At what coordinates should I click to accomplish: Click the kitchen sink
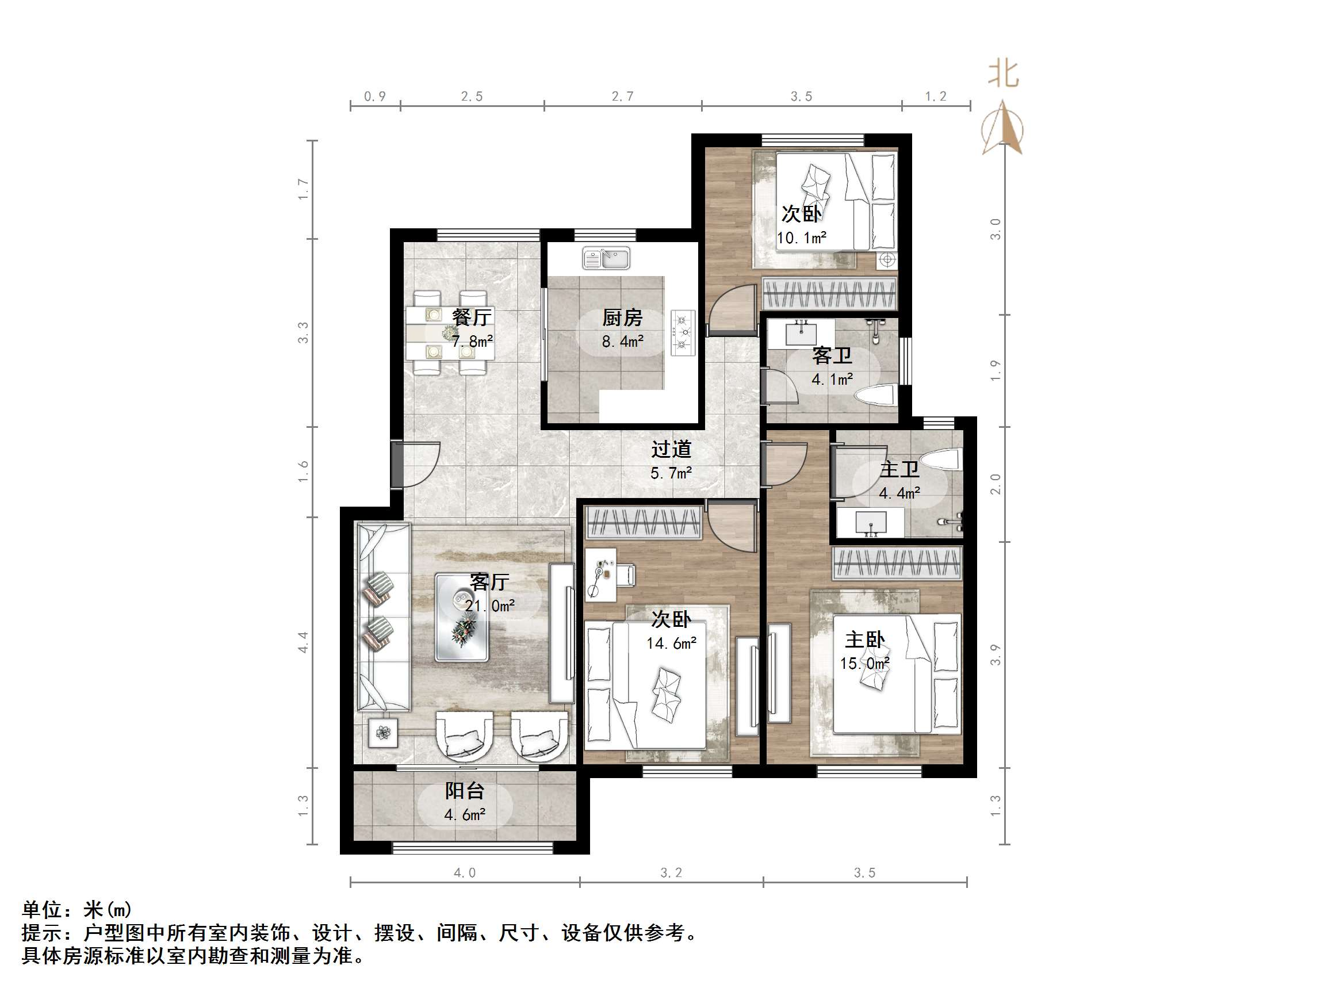(x=606, y=259)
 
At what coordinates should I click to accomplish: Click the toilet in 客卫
(x=876, y=396)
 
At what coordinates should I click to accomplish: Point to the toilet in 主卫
(x=942, y=459)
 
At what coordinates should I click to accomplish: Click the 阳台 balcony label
(x=465, y=791)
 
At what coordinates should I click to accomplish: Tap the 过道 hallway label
(x=671, y=449)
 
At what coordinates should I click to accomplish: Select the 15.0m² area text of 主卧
(x=864, y=664)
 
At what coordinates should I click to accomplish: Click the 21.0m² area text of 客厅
(x=489, y=606)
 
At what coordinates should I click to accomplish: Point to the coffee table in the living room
(x=461, y=618)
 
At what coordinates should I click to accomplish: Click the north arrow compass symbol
(x=1002, y=128)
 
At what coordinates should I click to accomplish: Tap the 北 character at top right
(x=1004, y=74)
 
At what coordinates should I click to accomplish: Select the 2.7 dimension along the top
(x=622, y=97)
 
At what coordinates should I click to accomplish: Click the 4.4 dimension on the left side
(x=303, y=642)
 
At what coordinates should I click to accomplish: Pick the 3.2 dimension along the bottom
(x=671, y=873)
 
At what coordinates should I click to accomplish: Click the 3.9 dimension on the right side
(x=996, y=655)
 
